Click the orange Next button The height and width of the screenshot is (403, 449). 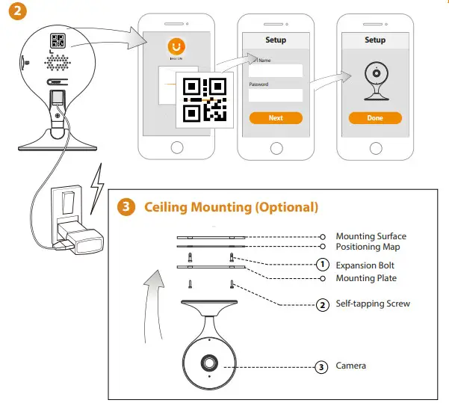tap(276, 118)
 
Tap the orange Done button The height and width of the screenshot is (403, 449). tap(375, 118)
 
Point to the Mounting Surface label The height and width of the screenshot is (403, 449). tap(371, 236)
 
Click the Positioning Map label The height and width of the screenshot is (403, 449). tap(368, 246)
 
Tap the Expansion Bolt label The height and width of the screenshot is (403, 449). tap(365, 265)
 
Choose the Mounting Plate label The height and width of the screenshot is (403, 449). tap(366, 278)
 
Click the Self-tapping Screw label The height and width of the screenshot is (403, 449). tap(373, 304)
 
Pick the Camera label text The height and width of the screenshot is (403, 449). tap(351, 366)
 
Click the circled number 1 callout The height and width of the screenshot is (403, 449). tap(322, 265)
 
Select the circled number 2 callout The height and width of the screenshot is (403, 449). tap(322, 304)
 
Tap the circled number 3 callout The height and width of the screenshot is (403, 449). tap(322, 366)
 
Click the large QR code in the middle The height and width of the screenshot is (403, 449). tap(205, 99)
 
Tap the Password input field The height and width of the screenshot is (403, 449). tap(276, 95)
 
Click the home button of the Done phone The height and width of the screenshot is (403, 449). tap(375, 145)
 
